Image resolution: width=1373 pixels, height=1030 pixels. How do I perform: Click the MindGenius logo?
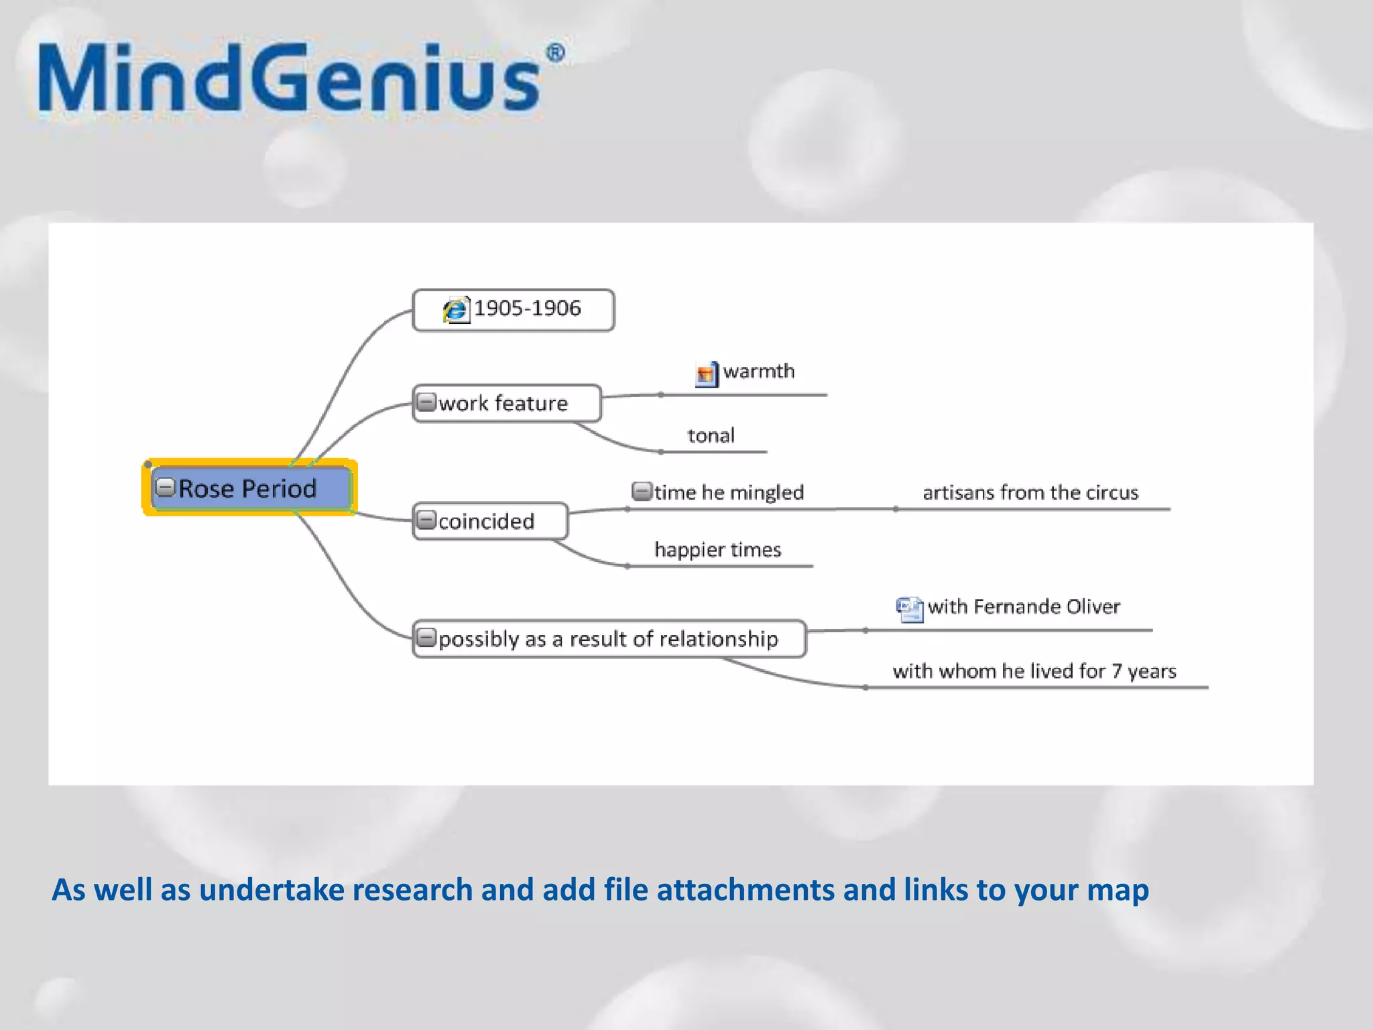click(288, 79)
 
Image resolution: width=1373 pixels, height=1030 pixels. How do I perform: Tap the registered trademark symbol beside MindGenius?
click(555, 54)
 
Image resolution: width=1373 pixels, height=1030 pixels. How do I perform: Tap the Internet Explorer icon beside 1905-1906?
click(456, 310)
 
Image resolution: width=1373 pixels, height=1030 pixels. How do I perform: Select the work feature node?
click(503, 403)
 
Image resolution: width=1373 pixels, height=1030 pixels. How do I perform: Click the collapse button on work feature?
click(426, 402)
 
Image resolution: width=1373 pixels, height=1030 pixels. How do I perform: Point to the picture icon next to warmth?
click(706, 373)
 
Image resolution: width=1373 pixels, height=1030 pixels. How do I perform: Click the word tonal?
click(711, 436)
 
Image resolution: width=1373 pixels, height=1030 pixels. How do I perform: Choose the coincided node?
click(486, 521)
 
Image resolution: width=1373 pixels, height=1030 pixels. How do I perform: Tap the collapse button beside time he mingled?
click(642, 492)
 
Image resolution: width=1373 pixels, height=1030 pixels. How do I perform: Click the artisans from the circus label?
click(1030, 493)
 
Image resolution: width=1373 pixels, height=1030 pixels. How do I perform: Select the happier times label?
click(718, 550)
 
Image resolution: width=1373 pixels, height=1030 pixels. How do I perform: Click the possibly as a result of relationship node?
click(608, 639)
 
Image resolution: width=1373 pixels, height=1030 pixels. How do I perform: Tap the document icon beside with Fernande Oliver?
click(909, 609)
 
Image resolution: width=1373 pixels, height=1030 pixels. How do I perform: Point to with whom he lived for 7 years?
click(1034, 671)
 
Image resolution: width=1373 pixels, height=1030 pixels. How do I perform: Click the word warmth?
click(759, 371)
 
